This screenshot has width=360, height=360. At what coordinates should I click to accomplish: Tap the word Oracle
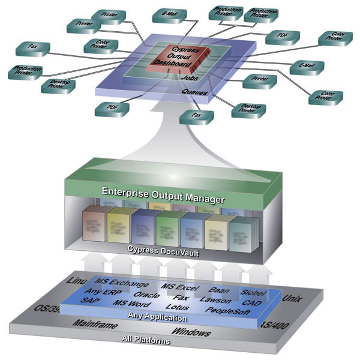[x=146, y=295]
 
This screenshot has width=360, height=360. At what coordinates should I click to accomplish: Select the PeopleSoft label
[x=227, y=310]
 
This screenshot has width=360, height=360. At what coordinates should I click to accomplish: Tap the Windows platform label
[x=191, y=332]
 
